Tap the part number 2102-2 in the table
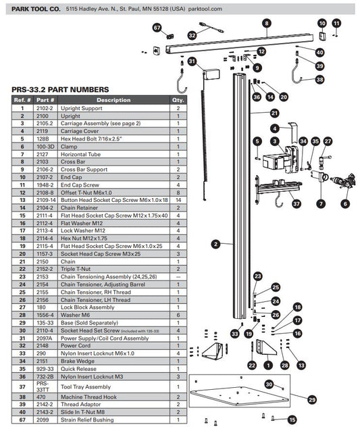pos(45,108)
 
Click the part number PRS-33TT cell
pos(45,387)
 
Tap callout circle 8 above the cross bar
pos(266,23)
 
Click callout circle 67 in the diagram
pos(157,28)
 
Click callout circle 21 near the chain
pos(274,113)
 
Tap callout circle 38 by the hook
pos(319,79)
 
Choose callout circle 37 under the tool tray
pos(295,203)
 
